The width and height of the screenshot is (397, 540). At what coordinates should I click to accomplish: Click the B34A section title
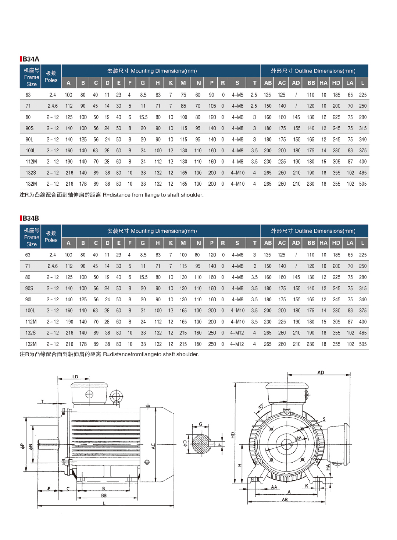pos(31,59)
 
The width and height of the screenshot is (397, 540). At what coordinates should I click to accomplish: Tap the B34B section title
pos(31,218)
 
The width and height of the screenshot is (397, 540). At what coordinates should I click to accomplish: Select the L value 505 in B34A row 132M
pos(363,184)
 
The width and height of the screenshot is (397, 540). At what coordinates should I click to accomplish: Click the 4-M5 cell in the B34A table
pos(237,95)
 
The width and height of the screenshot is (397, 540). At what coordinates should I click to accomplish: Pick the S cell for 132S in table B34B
pos(237,333)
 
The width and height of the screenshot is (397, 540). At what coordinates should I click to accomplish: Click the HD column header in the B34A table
pos(336,83)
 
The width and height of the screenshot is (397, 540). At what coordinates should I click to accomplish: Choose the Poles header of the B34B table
pos(51,236)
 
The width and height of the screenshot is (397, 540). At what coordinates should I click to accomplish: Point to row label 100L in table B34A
pos(31,150)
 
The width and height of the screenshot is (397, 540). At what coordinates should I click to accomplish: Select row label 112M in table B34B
pos(31,322)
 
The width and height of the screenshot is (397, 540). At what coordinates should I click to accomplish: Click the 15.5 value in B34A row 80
pos(143,117)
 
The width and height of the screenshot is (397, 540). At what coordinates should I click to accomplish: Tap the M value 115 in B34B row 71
pos(183,266)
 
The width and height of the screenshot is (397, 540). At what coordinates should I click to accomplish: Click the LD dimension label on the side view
pos(75,377)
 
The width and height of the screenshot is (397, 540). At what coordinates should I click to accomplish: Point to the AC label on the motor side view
pos(154,446)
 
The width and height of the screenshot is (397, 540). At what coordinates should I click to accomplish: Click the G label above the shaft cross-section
pos(200,424)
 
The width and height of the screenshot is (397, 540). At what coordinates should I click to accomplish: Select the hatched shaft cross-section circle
pos(201,443)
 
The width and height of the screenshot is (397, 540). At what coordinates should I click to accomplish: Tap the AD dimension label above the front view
pos(321,373)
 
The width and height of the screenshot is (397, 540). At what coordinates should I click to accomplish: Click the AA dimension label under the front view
pos(274,487)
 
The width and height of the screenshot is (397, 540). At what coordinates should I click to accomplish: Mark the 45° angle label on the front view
pos(261,406)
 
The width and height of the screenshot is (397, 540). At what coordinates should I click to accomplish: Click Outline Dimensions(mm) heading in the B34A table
pos(313,71)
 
